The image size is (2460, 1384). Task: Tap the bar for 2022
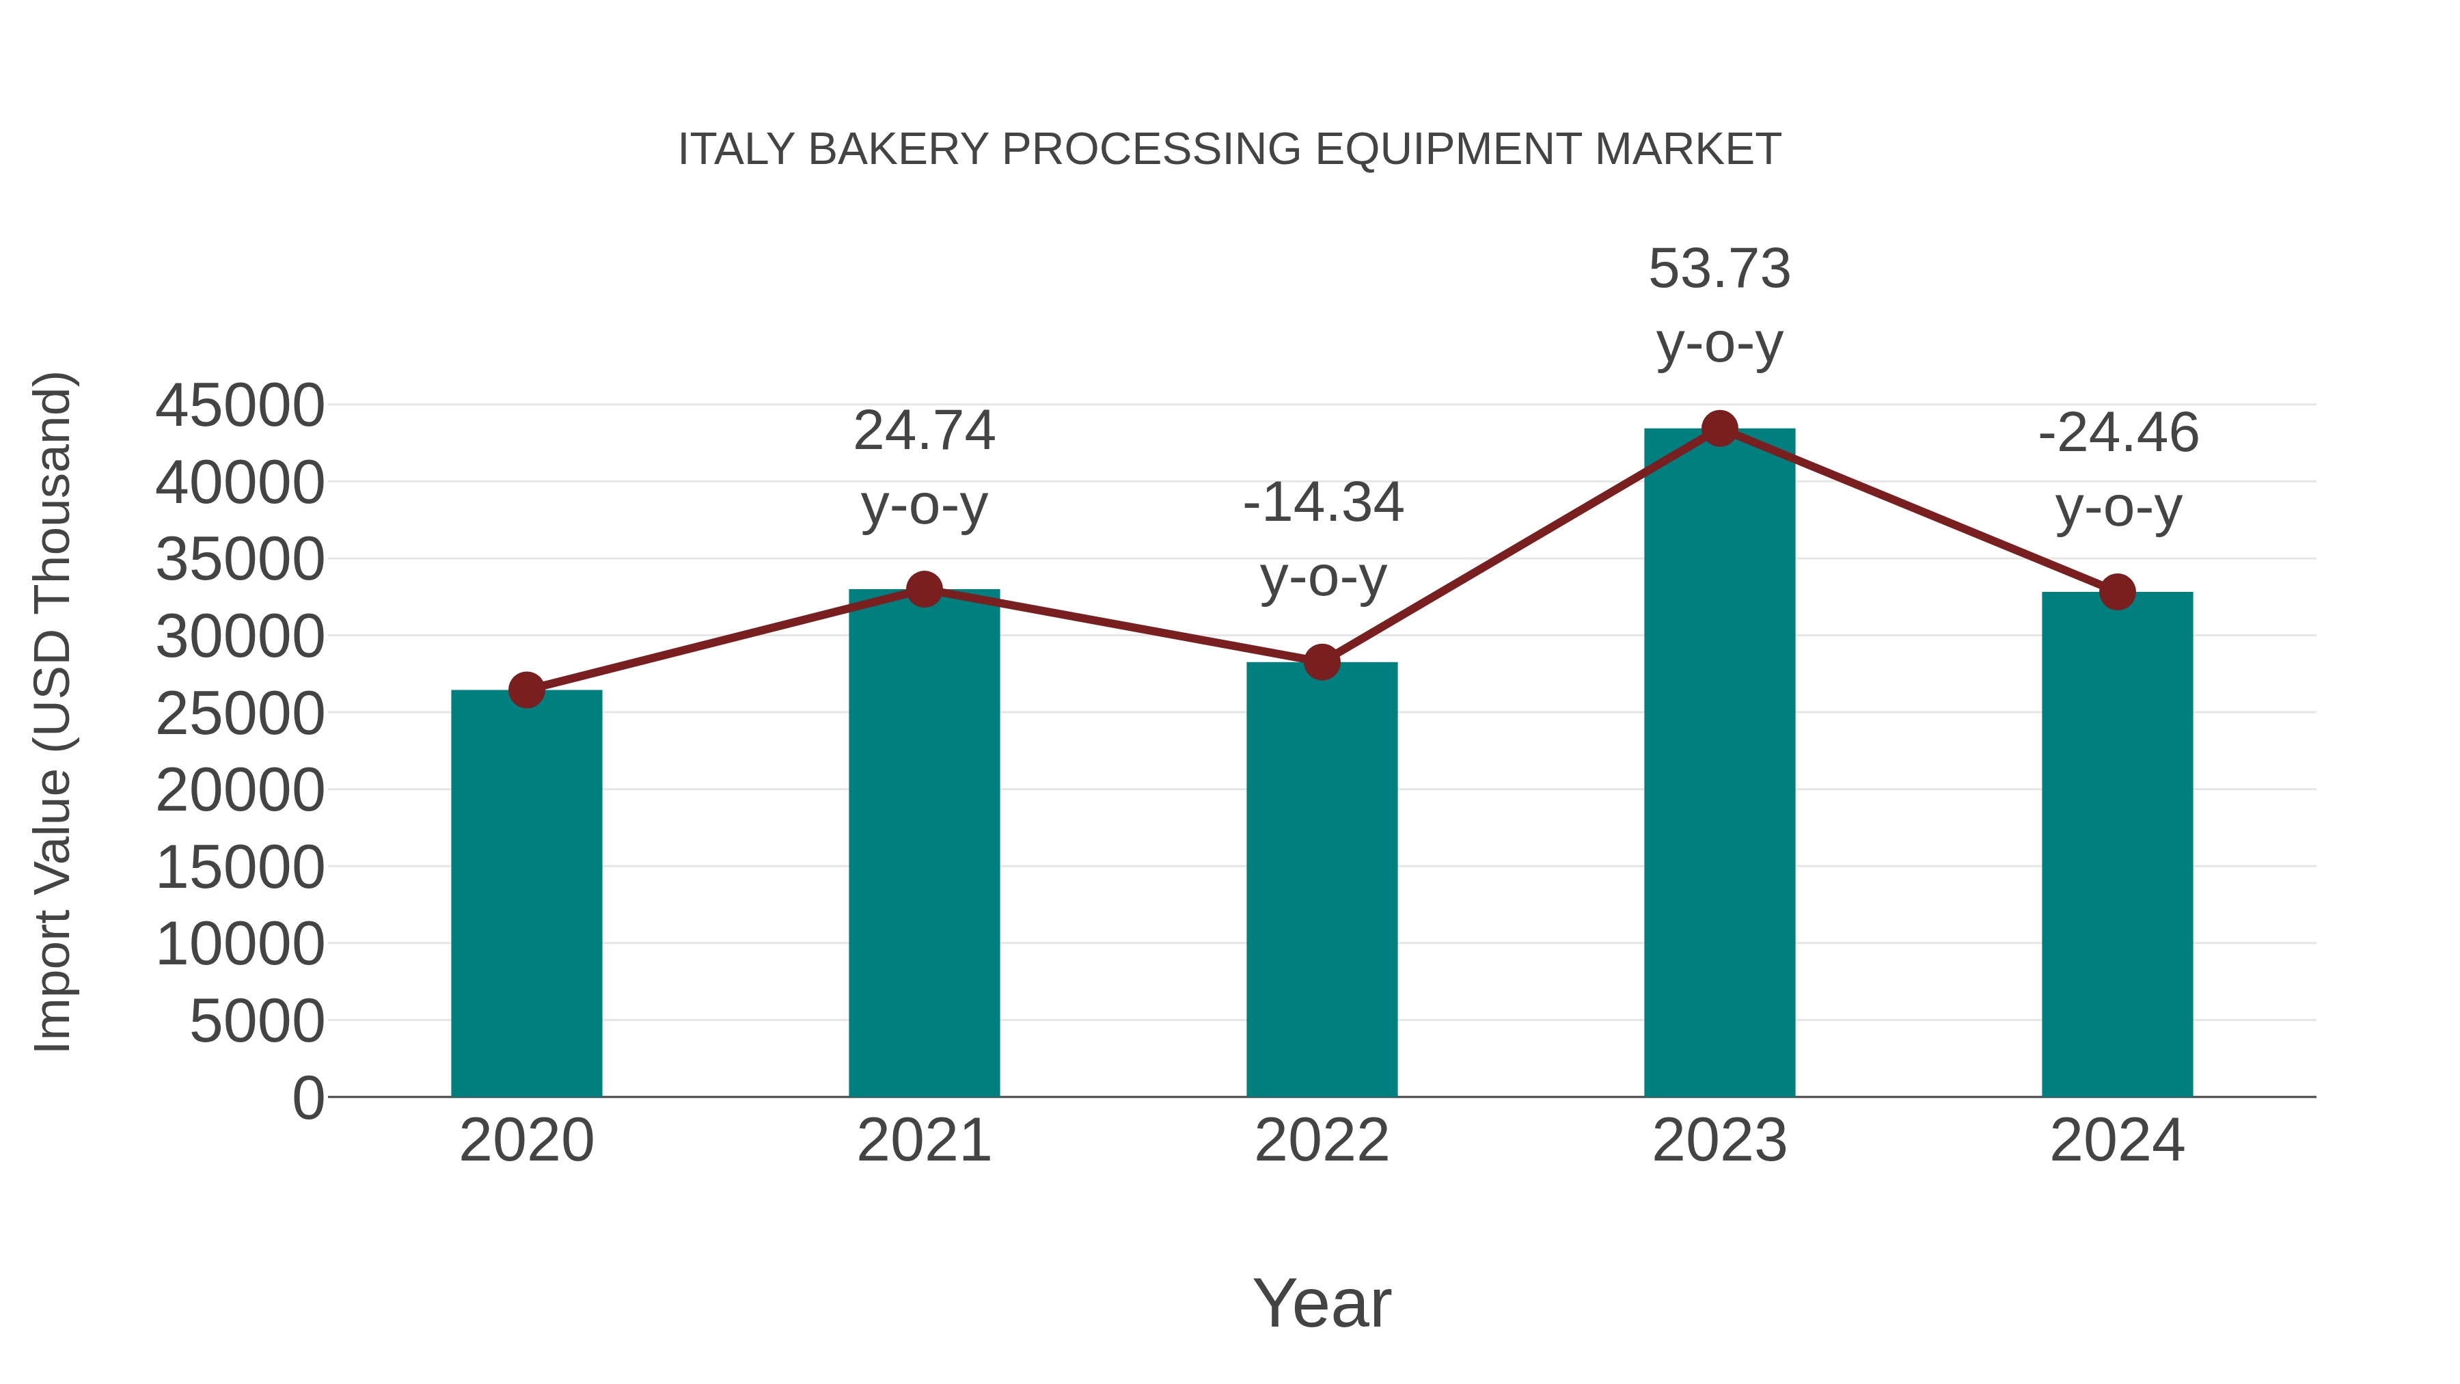tap(1322, 879)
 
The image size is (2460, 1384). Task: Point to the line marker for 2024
tap(2117, 592)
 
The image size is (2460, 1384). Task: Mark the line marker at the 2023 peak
tap(1719, 429)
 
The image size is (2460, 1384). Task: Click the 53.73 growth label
tap(1719, 269)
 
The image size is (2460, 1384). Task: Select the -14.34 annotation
tap(1323, 502)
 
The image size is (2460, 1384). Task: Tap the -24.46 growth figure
tap(2118, 433)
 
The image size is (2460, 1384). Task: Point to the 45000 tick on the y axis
tap(240, 405)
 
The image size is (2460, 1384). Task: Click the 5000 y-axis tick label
tap(257, 1021)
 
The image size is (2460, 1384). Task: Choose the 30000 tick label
tap(240, 636)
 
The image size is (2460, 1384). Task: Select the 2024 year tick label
tap(2117, 1141)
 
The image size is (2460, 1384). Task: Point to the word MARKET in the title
tap(1687, 150)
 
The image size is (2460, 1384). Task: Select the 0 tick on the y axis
tap(308, 1098)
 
